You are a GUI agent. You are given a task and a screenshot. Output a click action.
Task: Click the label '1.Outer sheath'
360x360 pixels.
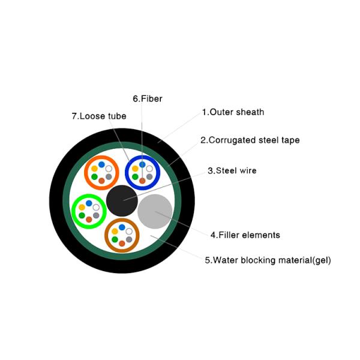(233, 112)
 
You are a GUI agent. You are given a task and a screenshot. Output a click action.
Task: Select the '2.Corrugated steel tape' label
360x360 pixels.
(250, 140)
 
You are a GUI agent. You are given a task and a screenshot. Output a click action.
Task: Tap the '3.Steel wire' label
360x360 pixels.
(232, 170)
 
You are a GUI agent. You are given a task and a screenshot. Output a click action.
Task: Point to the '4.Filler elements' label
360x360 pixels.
(245, 235)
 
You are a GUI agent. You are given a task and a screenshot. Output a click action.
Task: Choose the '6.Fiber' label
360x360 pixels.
(148, 99)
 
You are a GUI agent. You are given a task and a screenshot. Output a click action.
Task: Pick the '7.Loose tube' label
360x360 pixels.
(99, 116)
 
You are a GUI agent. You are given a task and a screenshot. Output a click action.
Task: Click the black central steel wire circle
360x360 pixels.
(122, 200)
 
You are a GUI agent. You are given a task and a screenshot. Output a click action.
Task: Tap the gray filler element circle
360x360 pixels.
(155, 211)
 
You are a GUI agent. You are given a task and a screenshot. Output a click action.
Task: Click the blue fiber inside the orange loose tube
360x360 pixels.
(101, 164)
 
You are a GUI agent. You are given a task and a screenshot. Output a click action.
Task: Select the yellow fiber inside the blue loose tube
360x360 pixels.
(135, 169)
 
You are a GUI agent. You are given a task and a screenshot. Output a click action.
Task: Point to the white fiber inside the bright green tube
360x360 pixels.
(96, 208)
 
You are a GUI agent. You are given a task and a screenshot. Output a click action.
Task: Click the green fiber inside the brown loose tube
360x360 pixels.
(115, 239)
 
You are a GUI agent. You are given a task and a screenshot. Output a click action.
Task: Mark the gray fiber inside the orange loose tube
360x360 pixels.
(109, 177)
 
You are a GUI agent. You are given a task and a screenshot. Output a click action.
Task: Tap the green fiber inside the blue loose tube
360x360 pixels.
(135, 177)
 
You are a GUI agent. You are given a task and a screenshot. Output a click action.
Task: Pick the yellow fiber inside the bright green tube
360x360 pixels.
(82, 208)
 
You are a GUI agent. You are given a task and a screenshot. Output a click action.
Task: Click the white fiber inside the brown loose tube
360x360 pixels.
(129, 232)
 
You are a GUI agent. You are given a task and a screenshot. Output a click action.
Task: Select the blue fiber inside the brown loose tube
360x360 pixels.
(122, 227)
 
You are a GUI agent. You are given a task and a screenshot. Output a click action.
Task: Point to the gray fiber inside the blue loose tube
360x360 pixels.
(149, 177)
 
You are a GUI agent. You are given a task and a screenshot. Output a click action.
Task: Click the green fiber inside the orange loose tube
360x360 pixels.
(94, 177)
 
